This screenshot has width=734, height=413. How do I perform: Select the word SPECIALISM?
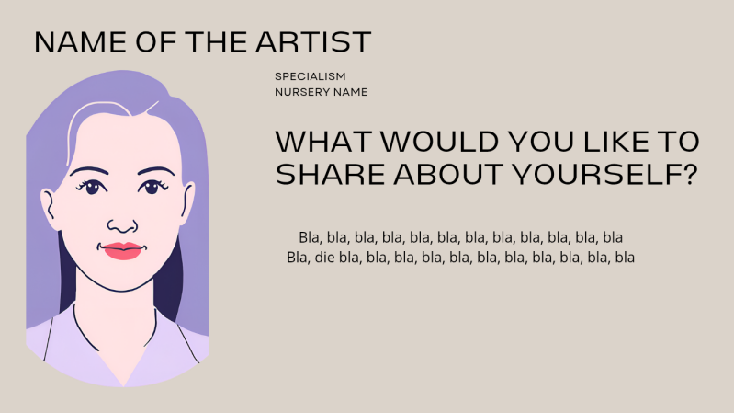[310, 76]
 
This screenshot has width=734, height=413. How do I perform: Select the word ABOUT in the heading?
[449, 174]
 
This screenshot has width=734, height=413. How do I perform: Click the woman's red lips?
[122, 250]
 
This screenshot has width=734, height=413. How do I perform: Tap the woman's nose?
[122, 224]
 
